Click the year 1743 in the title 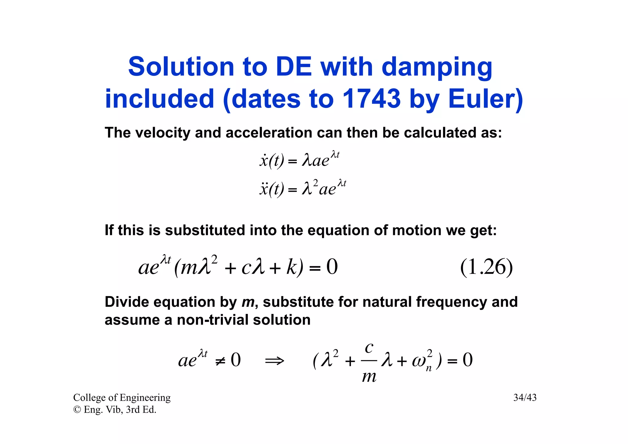(371, 99)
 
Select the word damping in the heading (437, 68)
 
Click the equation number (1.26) (486, 267)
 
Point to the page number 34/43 (525, 398)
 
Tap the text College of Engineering (122, 398)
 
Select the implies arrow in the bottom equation (274, 361)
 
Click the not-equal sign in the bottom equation (220, 361)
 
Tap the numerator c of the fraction (369, 348)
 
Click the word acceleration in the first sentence (269, 133)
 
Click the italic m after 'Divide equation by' (248, 302)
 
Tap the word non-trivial (213, 320)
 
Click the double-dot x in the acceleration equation (264, 189)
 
